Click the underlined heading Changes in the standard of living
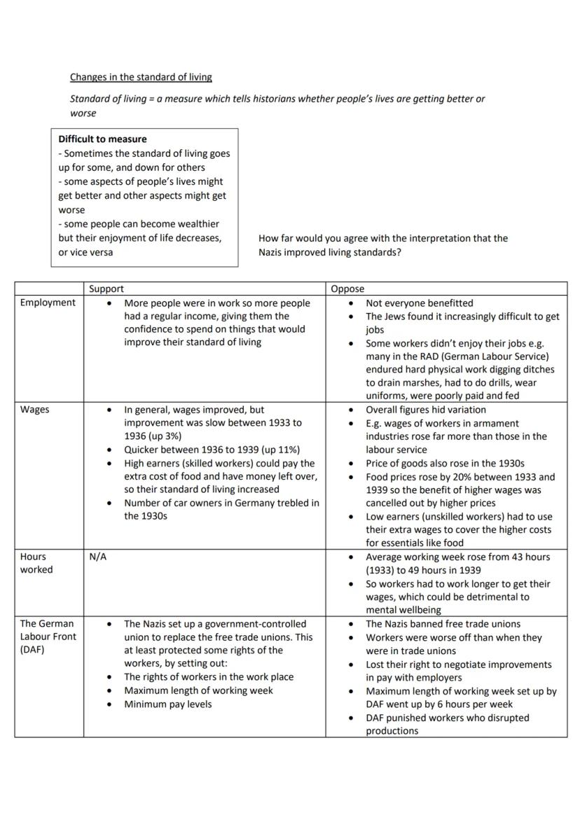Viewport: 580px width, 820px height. pos(141,77)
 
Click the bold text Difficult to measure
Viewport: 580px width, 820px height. pos(102,139)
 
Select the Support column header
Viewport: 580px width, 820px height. pos(106,289)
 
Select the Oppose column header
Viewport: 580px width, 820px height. pos(347,289)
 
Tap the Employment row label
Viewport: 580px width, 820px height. pos(48,303)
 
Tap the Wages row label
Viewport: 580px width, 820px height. pos(35,410)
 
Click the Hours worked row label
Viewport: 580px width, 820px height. pos(36,563)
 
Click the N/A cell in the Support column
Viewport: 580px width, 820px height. pos(98,557)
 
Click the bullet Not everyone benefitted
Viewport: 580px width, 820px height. pos(419,303)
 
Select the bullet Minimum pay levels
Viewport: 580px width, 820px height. pos(167,704)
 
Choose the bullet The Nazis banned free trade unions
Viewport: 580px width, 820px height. pos(443,624)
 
